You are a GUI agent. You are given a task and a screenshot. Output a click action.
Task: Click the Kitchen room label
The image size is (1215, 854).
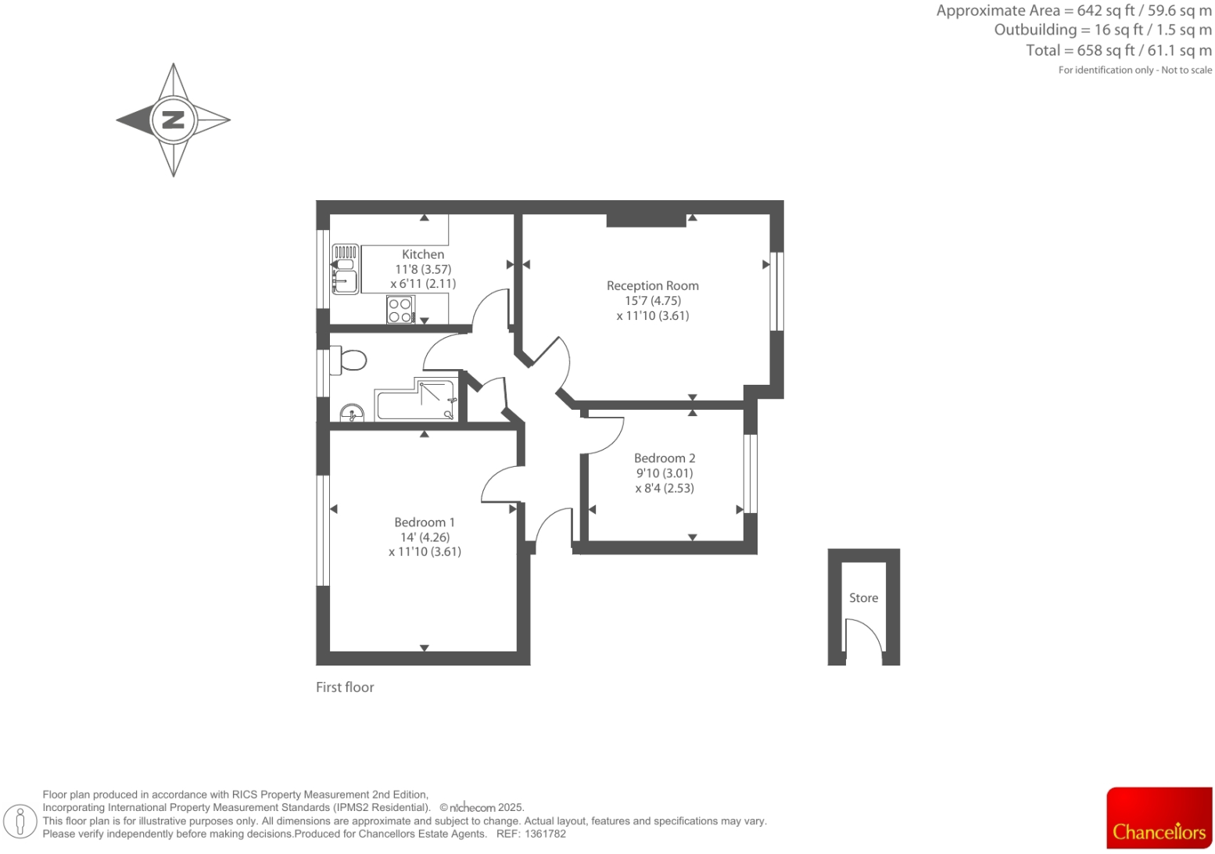423,254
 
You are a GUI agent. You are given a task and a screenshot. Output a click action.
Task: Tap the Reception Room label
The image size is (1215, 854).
652,285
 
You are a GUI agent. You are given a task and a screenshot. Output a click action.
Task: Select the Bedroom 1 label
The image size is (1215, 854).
424,522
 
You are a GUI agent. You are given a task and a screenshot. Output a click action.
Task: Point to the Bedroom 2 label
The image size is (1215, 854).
664,457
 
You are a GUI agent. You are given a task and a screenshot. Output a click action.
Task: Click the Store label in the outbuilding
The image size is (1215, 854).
863,597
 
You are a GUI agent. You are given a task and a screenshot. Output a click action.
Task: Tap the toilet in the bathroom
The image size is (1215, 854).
349,361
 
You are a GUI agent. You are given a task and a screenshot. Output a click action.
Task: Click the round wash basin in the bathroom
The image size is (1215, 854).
352,412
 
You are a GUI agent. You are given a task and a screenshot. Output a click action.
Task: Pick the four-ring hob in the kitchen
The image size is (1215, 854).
400,310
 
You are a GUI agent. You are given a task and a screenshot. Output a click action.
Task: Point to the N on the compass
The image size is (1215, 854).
173,120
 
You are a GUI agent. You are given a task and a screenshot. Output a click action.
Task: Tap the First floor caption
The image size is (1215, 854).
345,687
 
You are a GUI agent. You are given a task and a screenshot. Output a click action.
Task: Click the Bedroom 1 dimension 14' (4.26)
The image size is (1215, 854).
425,537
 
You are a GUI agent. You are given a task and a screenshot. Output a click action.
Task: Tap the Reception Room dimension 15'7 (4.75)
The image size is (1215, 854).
652,300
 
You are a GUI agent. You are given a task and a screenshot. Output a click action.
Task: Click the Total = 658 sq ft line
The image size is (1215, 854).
1118,50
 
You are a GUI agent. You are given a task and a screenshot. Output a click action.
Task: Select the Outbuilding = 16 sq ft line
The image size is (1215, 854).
1102,30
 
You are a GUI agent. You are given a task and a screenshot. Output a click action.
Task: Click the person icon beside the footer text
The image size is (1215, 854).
21,820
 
